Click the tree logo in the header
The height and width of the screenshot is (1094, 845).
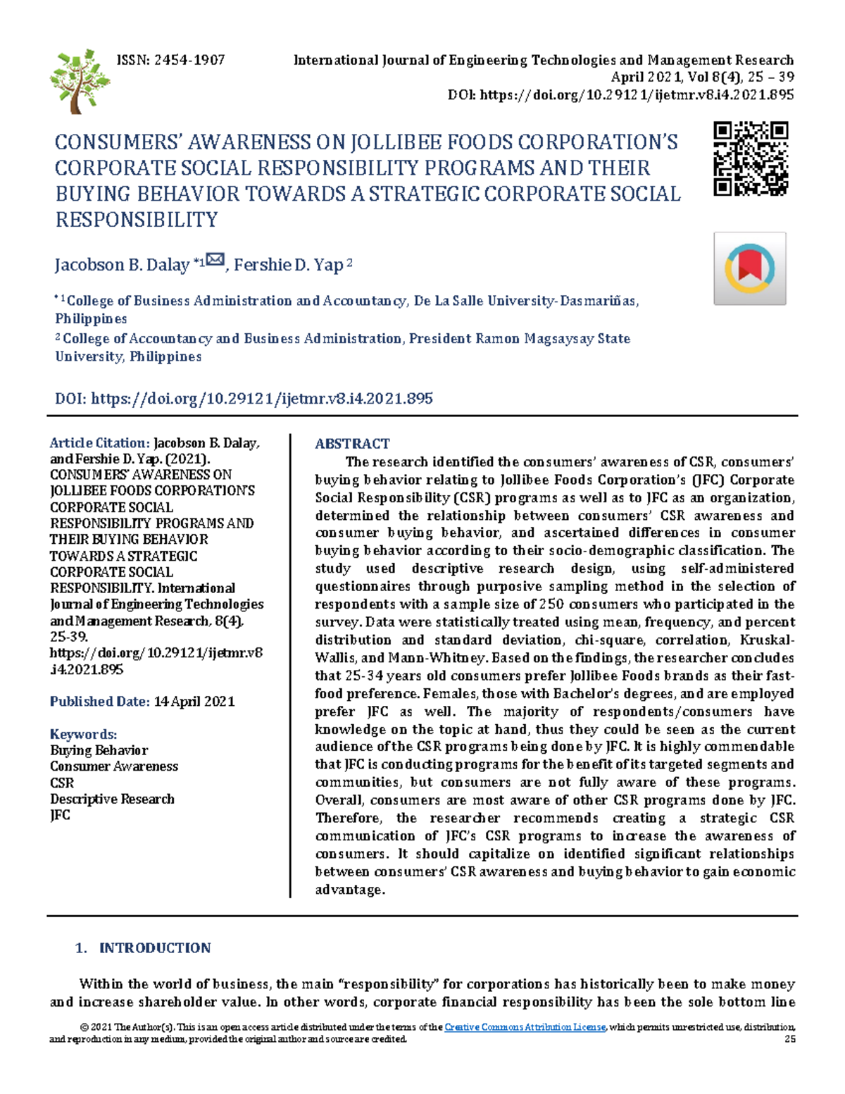coord(80,81)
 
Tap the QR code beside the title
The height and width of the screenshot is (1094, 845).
coord(750,158)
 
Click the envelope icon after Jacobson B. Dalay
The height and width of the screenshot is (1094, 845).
coord(215,261)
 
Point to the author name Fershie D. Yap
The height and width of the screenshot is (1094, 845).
coord(288,266)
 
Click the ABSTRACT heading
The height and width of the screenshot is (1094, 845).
coord(352,444)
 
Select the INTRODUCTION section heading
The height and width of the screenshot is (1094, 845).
coord(155,948)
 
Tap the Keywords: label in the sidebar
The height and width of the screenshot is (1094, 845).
coord(83,734)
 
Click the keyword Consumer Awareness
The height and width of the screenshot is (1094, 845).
coord(114,766)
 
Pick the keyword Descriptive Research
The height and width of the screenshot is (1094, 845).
coord(112,799)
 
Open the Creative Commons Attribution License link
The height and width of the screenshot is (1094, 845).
coord(525,1027)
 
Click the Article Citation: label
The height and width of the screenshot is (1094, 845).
coord(99,443)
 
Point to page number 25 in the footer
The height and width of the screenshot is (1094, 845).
coord(789,1039)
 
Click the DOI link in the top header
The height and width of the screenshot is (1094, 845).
coord(637,95)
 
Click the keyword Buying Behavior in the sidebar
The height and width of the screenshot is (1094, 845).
coord(99,750)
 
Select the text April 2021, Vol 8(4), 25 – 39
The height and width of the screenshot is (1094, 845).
coord(702,77)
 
